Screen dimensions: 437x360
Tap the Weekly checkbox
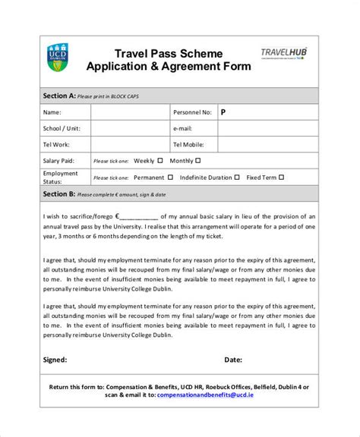point(160,161)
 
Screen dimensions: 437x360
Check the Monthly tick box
point(198,161)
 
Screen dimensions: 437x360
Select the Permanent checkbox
point(170,178)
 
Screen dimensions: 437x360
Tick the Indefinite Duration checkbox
point(238,178)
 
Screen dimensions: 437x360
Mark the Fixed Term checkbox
point(282,178)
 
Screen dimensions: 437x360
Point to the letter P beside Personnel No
point(223,112)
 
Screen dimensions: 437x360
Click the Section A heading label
point(59,96)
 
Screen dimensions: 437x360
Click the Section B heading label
point(59,194)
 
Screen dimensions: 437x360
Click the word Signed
point(55,360)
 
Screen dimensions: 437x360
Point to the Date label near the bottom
point(233,360)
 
